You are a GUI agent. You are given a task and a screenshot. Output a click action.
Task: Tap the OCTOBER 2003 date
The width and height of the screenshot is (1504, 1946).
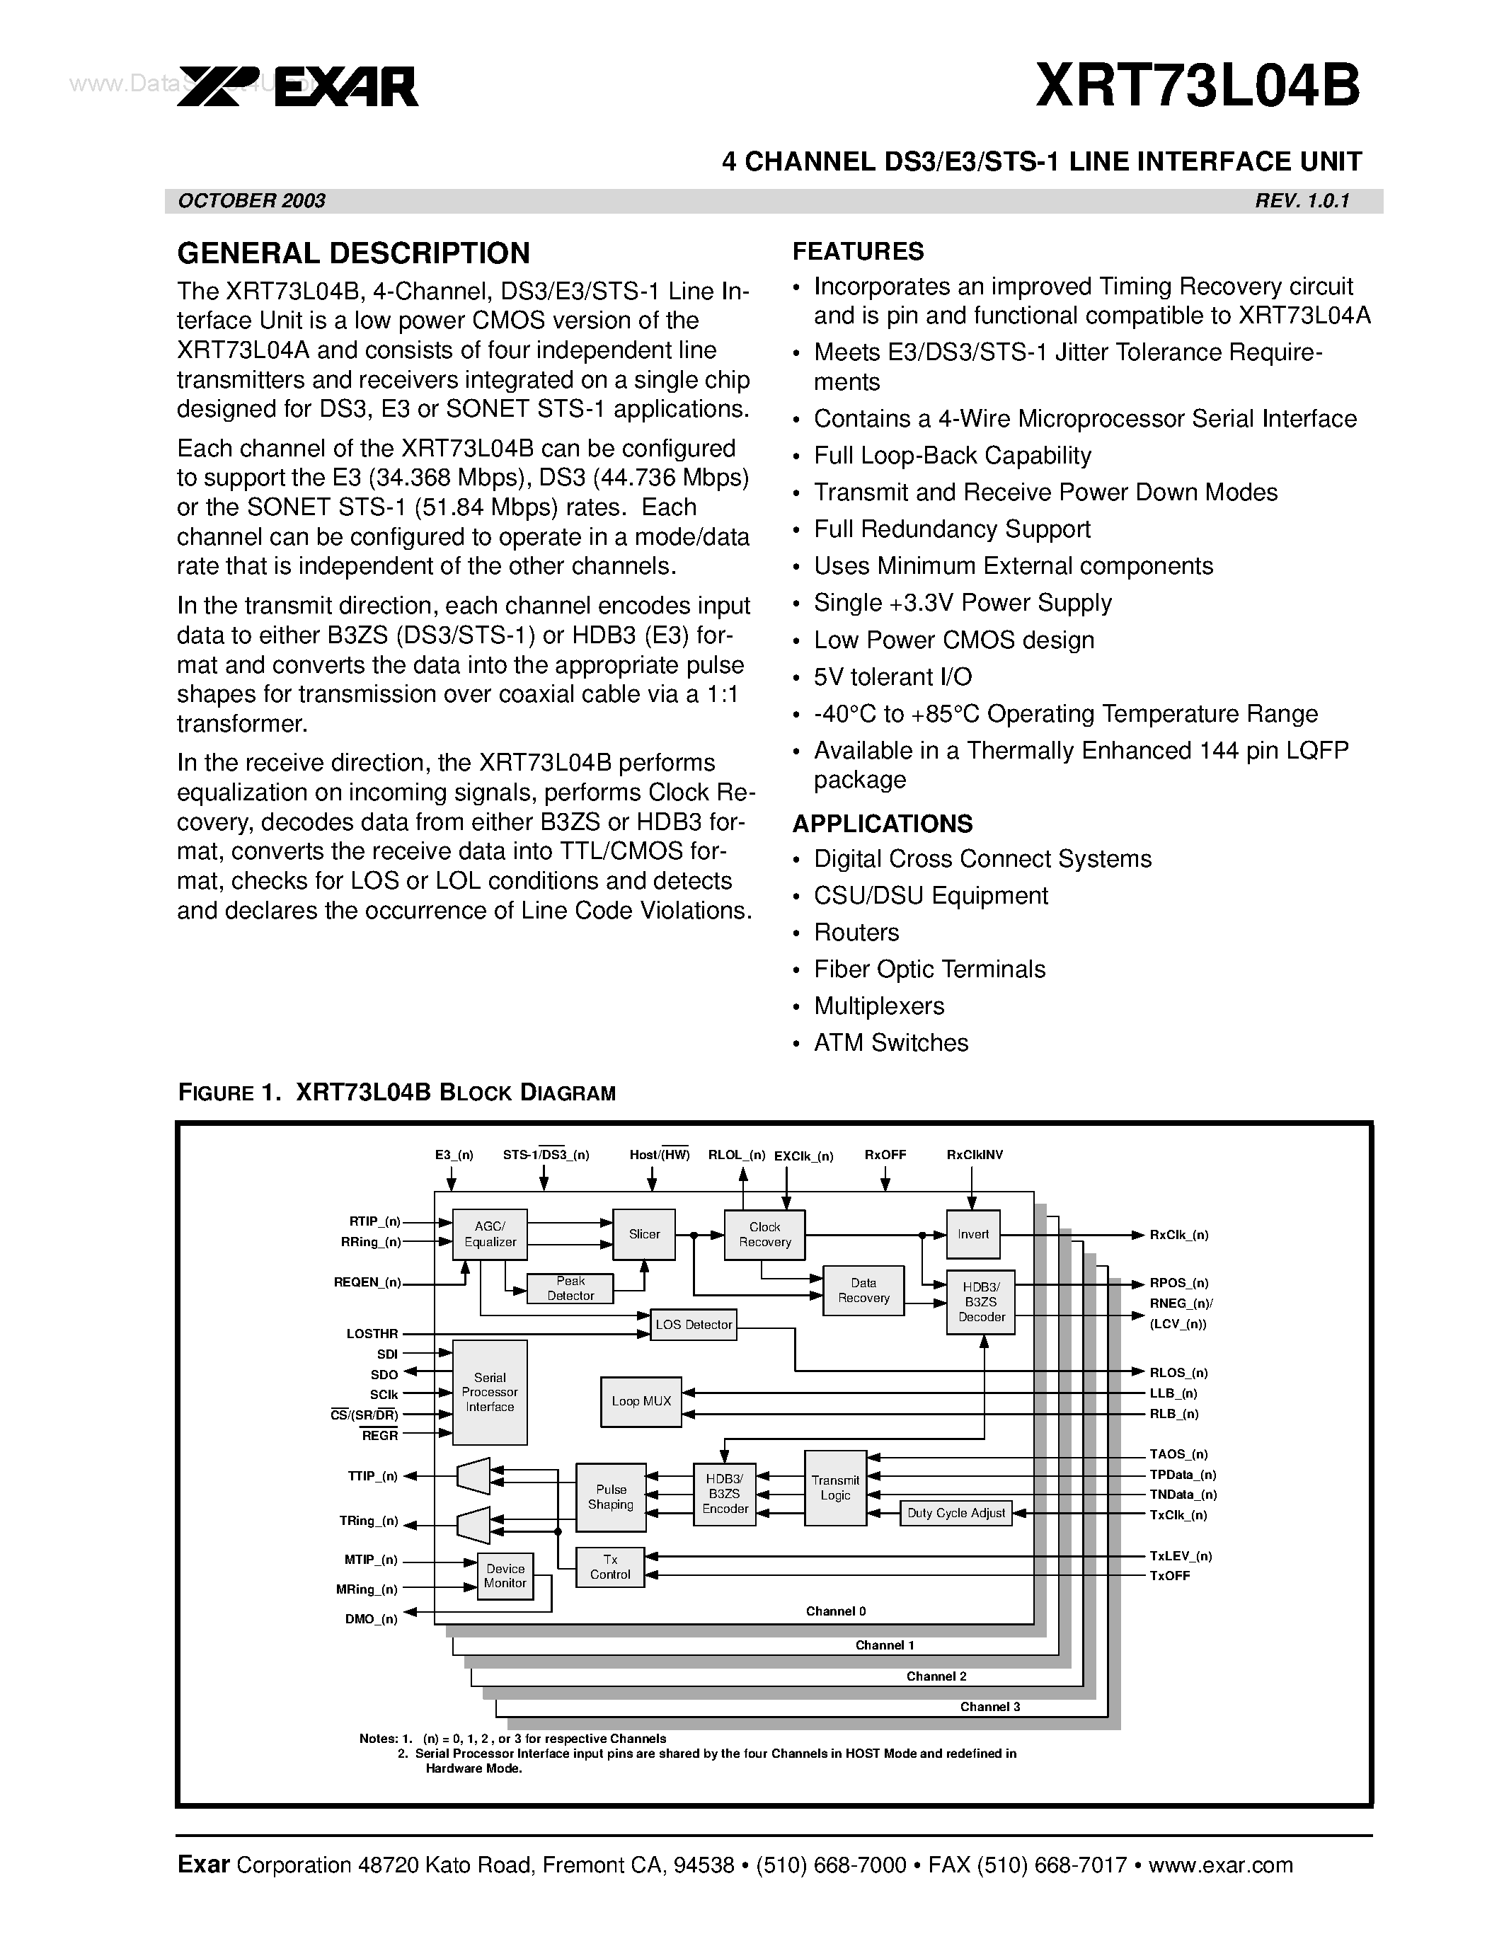coord(252,200)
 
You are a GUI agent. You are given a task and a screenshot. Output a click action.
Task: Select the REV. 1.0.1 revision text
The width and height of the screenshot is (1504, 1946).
coord(1302,200)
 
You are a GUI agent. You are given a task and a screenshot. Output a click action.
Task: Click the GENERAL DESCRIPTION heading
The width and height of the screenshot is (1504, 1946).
coord(353,254)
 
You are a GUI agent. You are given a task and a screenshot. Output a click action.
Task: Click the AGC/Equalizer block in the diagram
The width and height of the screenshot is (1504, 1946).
coord(490,1234)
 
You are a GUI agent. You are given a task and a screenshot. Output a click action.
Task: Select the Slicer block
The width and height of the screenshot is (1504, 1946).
coord(644,1234)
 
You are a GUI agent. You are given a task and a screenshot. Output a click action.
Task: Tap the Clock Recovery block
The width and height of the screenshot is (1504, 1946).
coord(764,1234)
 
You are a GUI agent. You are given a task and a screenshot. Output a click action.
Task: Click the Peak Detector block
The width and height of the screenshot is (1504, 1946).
coord(570,1289)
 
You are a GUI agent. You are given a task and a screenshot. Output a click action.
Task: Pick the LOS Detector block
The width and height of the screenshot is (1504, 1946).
coord(693,1325)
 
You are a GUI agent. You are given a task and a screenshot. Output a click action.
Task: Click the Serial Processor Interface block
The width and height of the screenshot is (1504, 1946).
coord(490,1392)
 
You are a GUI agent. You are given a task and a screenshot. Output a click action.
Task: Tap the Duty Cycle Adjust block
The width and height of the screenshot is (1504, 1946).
coord(956,1513)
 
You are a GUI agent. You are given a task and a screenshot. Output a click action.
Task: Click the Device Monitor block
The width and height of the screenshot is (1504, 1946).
coord(505,1575)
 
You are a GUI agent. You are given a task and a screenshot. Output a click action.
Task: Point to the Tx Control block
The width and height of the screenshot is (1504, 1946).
coord(610,1567)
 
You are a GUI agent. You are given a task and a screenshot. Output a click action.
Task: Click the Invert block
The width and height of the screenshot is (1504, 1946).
coord(973,1234)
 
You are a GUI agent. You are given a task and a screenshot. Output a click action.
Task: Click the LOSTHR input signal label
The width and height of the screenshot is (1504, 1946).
coord(372,1334)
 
